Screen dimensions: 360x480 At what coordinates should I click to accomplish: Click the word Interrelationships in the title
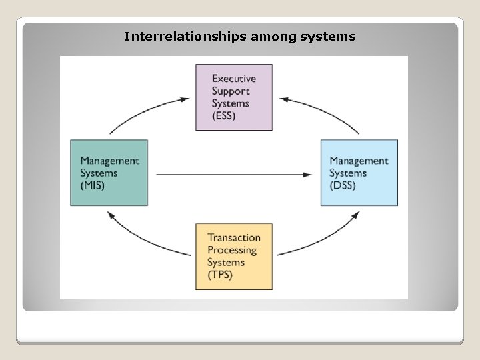185,36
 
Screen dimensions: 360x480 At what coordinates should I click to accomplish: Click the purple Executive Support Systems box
234,97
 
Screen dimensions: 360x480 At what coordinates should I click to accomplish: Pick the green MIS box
109,173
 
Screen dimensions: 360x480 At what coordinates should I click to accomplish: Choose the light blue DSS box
359,173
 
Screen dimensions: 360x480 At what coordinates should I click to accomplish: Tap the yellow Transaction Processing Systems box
234,256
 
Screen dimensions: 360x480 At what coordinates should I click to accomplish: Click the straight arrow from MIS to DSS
233,175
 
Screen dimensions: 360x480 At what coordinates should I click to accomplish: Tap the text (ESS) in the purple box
225,116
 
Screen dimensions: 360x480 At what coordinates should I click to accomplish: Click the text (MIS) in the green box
93,185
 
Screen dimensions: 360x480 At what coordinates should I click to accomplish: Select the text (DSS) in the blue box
343,185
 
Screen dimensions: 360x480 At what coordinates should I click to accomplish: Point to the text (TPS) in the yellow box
221,275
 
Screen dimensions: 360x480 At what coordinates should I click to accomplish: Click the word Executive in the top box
233,79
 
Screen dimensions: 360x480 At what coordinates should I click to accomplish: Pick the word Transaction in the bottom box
234,237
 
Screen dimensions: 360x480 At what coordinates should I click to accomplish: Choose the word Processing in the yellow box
232,250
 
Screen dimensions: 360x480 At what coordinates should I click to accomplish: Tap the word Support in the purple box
230,91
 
